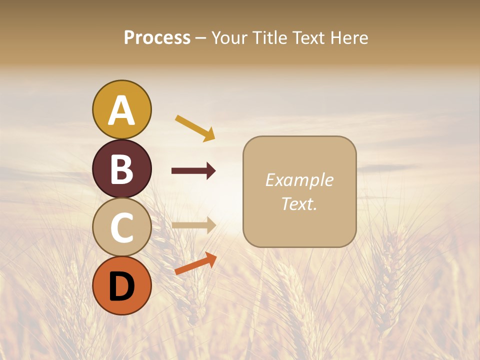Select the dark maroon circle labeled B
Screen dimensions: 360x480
(x=121, y=168)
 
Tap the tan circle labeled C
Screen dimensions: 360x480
(x=121, y=227)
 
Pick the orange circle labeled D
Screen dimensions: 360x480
(x=121, y=285)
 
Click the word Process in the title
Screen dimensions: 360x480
(x=157, y=38)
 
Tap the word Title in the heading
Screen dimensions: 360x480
(x=270, y=38)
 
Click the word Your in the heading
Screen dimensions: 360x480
(x=230, y=38)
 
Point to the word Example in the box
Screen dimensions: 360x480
(x=299, y=180)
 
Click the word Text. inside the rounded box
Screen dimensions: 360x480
(x=299, y=203)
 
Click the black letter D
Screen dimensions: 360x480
(x=121, y=286)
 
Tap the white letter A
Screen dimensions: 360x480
(x=121, y=110)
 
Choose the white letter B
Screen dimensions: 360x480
(x=121, y=169)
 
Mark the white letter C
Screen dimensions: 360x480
(x=121, y=227)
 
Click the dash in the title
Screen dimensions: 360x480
(x=201, y=38)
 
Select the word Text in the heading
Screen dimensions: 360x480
(x=308, y=38)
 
